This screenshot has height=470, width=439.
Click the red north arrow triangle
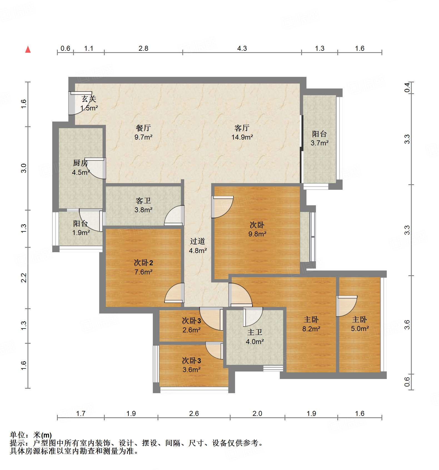coord(28,50)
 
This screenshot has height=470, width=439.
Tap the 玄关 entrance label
coord(89,99)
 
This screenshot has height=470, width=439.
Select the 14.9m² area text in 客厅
coord(242,137)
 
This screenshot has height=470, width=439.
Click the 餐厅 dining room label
coord(143,128)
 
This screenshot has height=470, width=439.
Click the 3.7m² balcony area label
coord(320,143)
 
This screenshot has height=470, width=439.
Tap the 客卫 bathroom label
coord(143,201)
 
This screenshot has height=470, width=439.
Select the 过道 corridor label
coord(198,241)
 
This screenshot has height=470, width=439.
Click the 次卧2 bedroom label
coord(143,263)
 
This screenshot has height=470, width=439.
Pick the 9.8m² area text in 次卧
coord(257,234)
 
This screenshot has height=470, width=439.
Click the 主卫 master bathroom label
coord(255,332)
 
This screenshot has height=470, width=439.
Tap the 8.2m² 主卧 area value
coord(311,329)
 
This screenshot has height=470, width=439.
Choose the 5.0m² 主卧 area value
coord(360,329)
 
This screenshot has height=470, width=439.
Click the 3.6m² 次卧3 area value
coord(191,370)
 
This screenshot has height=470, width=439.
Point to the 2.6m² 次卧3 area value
coord(191,330)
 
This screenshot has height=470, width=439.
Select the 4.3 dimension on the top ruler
coord(242,49)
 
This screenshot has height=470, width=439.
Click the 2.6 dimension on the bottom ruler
coord(194,414)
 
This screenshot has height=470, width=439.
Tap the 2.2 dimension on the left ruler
coord(24,278)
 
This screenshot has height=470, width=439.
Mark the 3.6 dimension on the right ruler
coord(407,325)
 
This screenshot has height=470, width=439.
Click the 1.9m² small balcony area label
coord(81,233)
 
